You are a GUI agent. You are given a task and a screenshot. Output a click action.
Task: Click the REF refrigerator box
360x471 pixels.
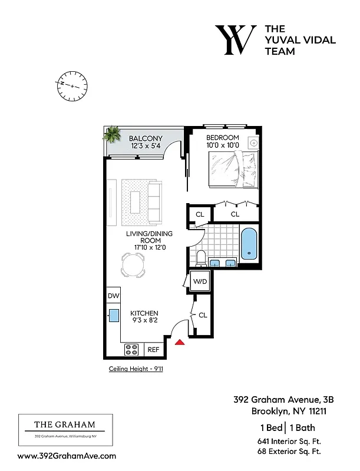click(x=153, y=349)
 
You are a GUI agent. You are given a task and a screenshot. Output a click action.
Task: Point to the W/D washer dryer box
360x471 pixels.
click(x=200, y=282)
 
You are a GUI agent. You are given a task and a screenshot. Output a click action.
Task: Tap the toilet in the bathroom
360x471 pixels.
click(x=200, y=257)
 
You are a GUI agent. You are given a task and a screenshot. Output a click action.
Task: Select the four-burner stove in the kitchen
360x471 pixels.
click(x=131, y=349)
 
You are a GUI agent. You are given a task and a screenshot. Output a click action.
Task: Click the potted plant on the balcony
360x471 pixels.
click(x=111, y=135)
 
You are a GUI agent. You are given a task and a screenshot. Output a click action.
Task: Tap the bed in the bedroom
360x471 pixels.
click(x=234, y=169)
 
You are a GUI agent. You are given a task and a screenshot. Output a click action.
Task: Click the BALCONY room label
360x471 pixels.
click(x=146, y=139)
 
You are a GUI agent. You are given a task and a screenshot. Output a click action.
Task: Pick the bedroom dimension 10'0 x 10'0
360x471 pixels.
click(x=222, y=145)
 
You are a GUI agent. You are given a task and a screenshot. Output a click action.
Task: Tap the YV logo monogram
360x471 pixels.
click(x=235, y=40)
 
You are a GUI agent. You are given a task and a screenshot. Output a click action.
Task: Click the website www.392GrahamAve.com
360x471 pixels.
click(x=67, y=456)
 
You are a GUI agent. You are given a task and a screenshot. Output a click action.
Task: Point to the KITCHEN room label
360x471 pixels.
click(x=144, y=313)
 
